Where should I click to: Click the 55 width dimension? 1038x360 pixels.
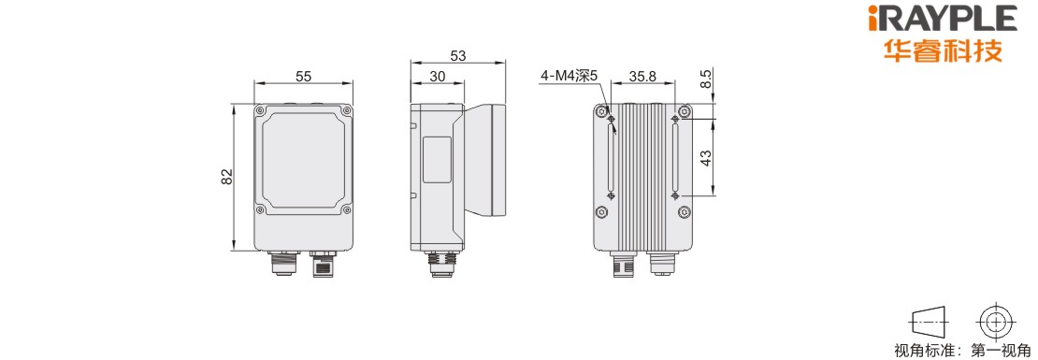tap(303, 76)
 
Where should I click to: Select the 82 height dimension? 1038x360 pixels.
tap(226, 177)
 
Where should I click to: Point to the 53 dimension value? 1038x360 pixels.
tap(457, 55)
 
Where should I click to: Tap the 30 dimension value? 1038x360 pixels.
tap(437, 76)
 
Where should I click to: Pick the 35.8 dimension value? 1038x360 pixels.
tap(642, 76)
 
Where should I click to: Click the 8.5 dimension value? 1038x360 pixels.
tap(706, 79)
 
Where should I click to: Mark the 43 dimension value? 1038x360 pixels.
tap(706, 157)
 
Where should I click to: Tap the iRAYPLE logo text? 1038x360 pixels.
tap(944, 18)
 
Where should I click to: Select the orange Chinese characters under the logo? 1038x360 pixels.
tap(944, 50)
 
